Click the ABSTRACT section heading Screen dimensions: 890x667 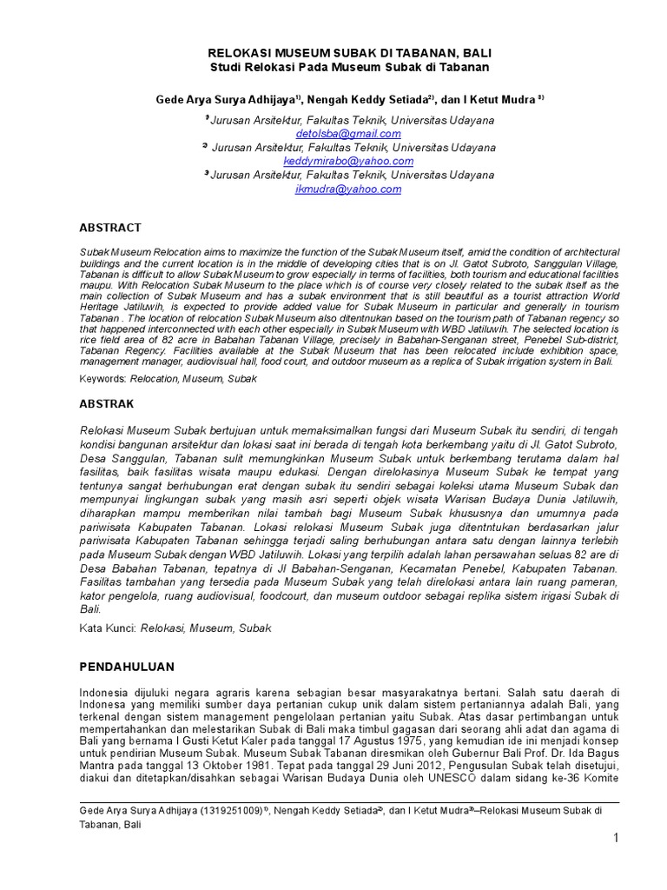[x=110, y=228]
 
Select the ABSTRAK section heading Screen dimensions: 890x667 [x=107, y=403]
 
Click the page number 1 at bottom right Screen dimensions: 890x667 [x=615, y=838]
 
